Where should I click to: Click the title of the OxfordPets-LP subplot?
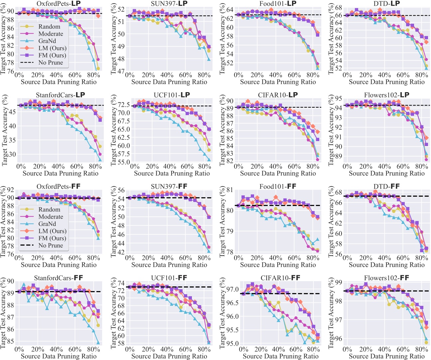[x=59, y=4]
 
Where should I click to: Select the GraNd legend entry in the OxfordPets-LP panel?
[x=47, y=41]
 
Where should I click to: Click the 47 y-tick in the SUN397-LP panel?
[x=120, y=71]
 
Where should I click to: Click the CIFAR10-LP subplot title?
[x=278, y=95]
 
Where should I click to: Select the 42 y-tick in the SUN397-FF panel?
[x=120, y=252]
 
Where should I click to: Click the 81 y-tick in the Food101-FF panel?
[x=229, y=190]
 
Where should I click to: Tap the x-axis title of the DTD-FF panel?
[x=386, y=265]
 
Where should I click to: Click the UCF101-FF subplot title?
[x=169, y=278]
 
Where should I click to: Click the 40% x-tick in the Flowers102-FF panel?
[x=384, y=350]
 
